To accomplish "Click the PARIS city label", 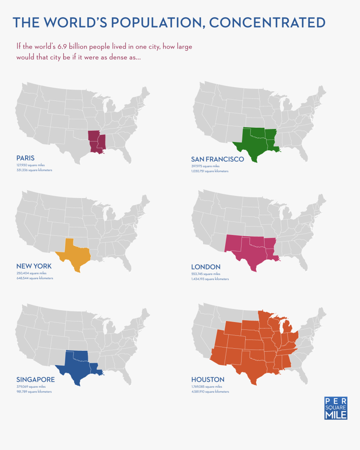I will tap(25, 158).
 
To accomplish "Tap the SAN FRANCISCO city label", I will tap(217, 159).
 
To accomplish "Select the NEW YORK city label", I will tap(34, 266).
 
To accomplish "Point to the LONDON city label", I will tap(206, 267).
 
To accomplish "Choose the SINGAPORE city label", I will tap(35, 380).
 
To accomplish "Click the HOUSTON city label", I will tap(208, 380).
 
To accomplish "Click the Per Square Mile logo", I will tap(336, 408).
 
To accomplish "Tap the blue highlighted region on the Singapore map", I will tap(80, 364).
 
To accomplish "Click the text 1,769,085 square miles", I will tap(207, 387).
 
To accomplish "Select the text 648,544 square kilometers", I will tap(35, 278).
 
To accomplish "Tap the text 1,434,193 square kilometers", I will tap(210, 279).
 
